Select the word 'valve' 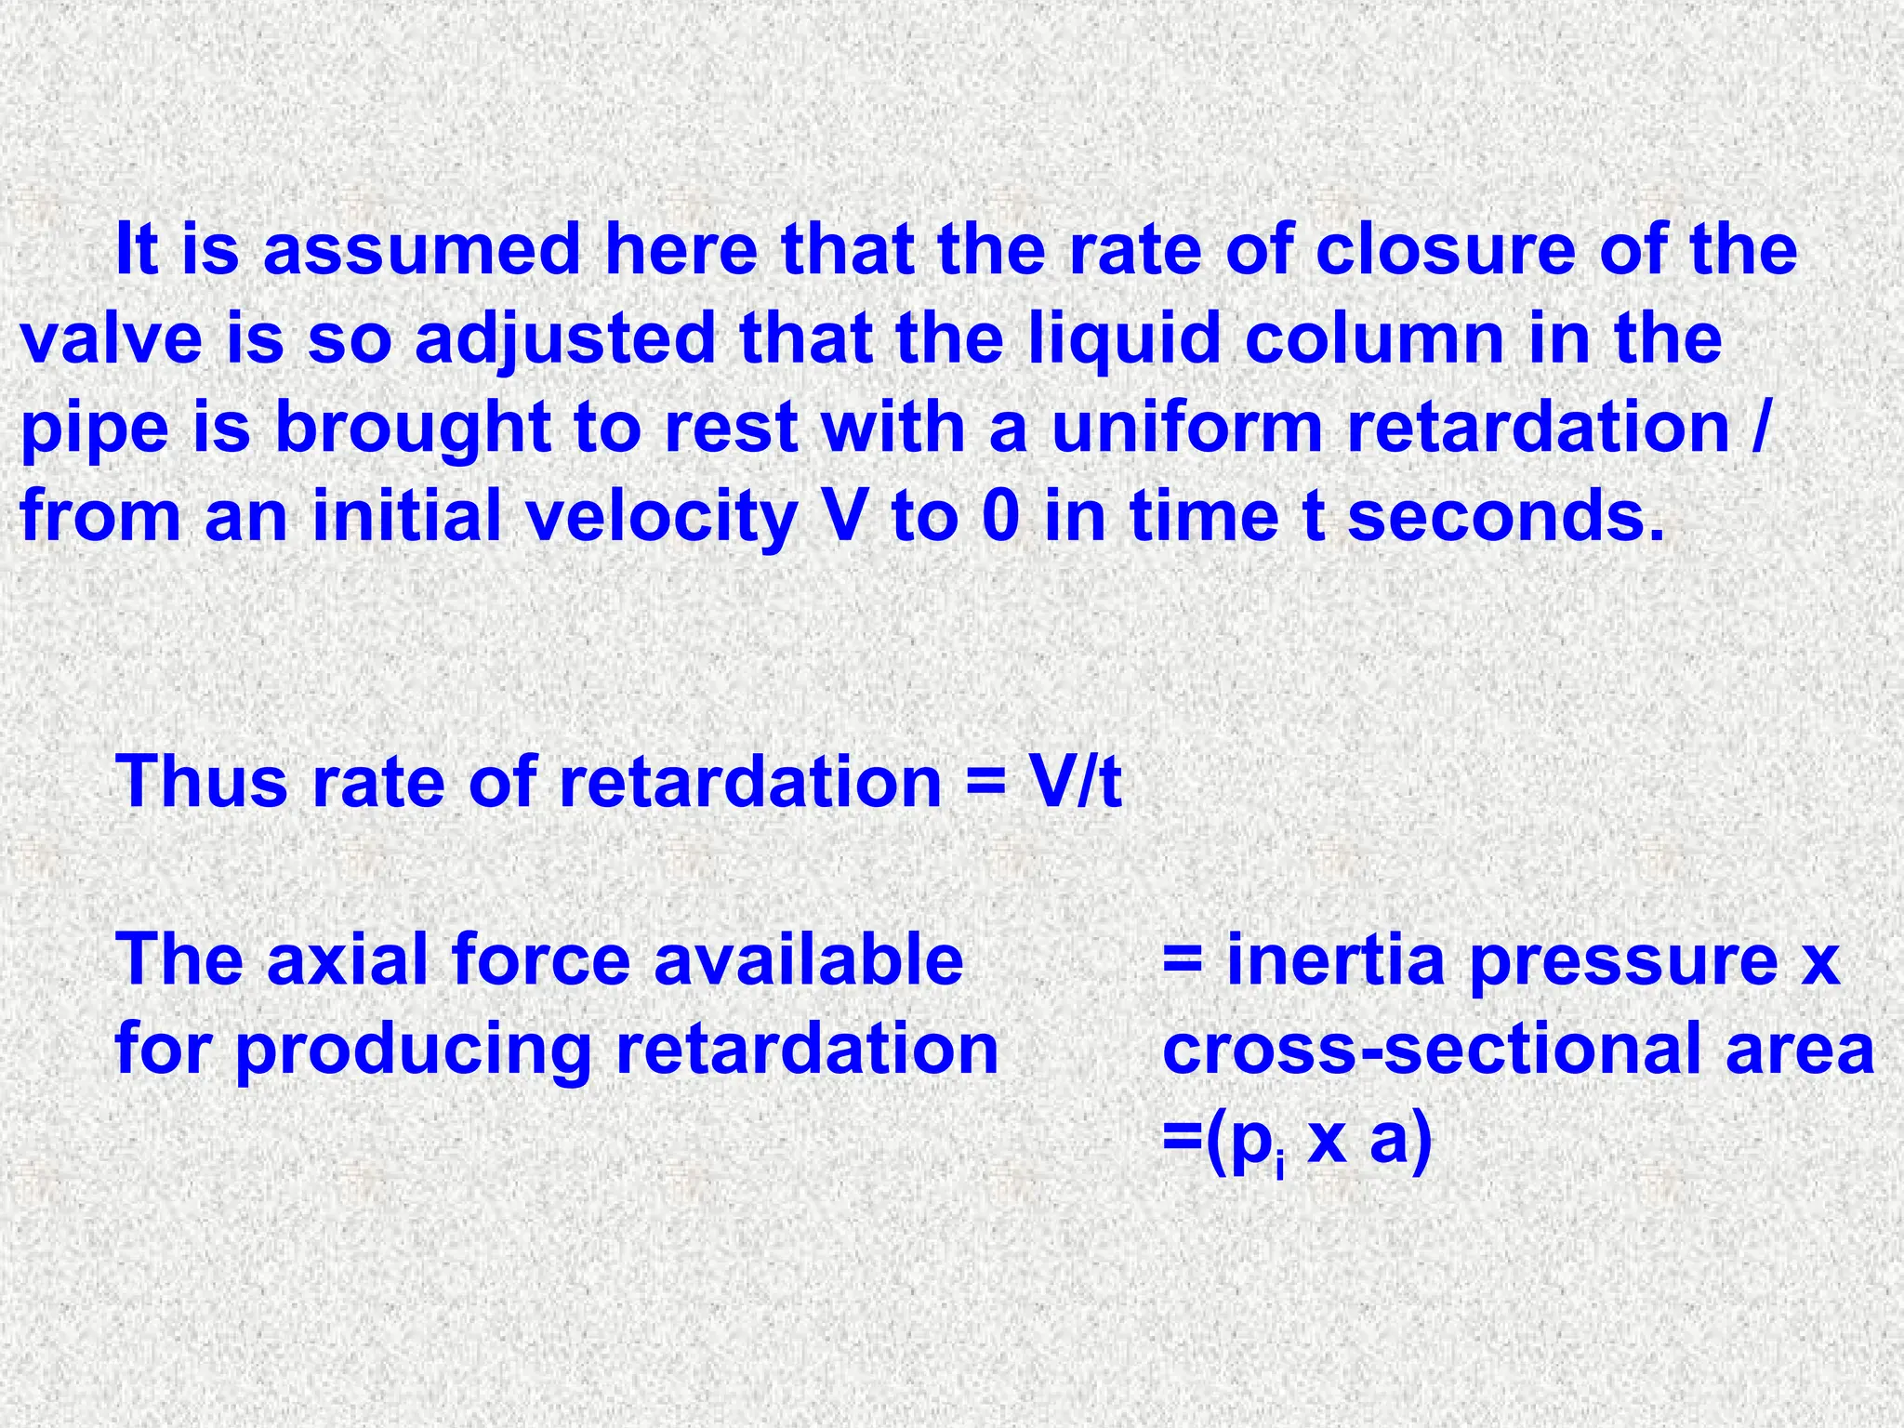[111, 338]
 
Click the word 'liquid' [1124, 338]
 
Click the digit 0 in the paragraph [1000, 517]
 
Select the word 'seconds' [1497, 517]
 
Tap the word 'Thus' [202, 781]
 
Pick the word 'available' [808, 959]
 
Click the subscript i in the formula [1280, 1161]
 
